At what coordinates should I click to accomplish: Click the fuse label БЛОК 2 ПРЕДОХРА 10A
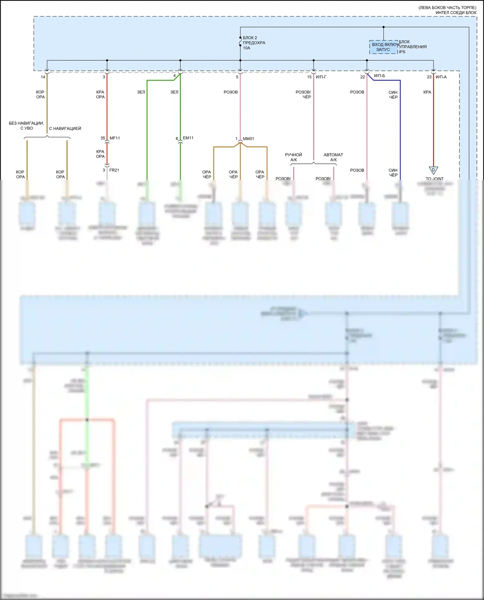point(254,43)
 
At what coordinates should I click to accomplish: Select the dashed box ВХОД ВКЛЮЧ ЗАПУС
point(383,47)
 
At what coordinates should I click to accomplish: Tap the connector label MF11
point(115,138)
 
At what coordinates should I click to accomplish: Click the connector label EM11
point(188,138)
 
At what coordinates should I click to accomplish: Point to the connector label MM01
point(248,139)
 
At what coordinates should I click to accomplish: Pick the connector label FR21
point(114,170)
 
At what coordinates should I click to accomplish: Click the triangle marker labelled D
point(433,170)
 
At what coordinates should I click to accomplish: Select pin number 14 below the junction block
point(43,77)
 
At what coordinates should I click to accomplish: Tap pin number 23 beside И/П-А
point(429,77)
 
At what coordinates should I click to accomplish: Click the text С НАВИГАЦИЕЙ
point(65,128)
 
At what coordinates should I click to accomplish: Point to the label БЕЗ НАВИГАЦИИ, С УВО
point(26,126)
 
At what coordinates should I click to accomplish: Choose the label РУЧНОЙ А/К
point(293,157)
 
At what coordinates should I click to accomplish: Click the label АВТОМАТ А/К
point(333,157)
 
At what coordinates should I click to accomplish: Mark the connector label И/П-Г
point(321,77)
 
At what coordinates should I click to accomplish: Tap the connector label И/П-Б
point(379,76)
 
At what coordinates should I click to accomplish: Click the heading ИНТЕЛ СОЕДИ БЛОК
point(456,13)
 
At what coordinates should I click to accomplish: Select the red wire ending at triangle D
point(433,129)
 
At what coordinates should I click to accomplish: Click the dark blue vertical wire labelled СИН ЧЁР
point(400,129)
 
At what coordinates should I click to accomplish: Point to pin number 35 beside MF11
point(103,138)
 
